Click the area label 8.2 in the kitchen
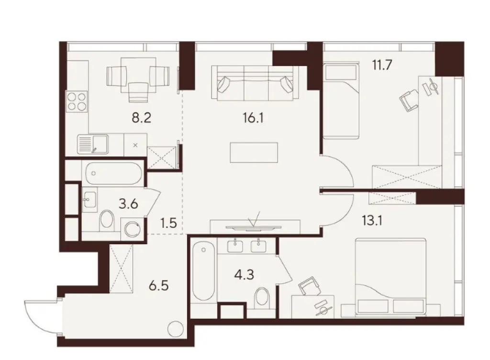tap(141, 117)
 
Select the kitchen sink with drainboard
tap(93, 144)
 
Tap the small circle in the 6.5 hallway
tap(175, 330)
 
